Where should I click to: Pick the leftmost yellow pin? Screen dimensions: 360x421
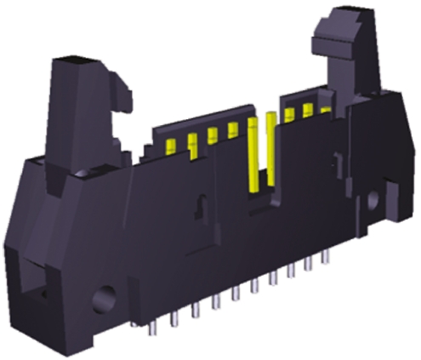[x=170, y=145]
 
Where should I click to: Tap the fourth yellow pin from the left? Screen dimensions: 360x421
[x=232, y=129]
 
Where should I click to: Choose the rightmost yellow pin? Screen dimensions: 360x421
[x=325, y=110]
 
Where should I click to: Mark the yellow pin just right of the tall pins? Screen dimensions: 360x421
[x=290, y=115]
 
